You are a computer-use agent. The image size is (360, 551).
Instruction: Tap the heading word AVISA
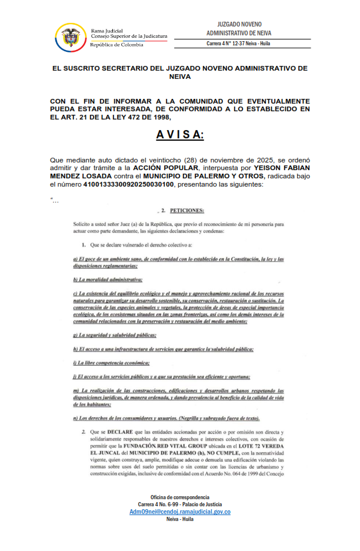(179, 135)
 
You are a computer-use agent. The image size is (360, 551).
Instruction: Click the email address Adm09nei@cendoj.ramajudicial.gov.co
(180, 512)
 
